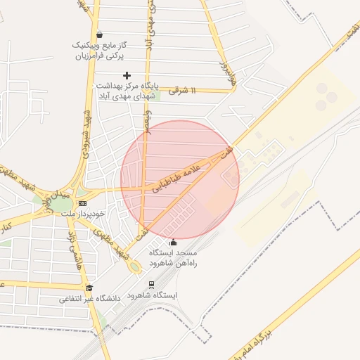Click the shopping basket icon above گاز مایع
tap(99, 34)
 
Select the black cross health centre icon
tap(127, 75)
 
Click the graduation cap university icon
tap(89, 287)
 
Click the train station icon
tap(151, 285)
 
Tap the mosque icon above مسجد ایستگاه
tap(174, 243)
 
